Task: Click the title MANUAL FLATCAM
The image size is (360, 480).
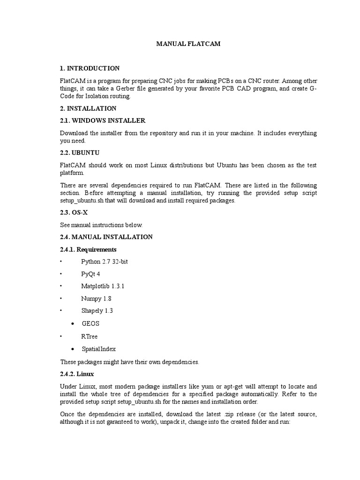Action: [187, 44]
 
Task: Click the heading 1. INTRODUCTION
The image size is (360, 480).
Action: [90, 68]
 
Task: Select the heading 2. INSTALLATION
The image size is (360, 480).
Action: [88, 108]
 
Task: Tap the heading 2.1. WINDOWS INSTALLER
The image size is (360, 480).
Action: [103, 121]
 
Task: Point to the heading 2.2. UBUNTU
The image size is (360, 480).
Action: [80, 153]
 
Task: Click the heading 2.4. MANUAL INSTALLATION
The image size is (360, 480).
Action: [106, 237]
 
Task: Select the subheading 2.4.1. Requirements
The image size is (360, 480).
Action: [88, 249]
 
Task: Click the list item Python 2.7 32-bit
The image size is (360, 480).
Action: [105, 262]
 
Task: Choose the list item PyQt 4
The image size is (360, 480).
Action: [91, 274]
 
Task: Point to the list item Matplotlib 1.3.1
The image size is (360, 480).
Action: [103, 286]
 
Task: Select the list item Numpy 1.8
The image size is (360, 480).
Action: [96, 298]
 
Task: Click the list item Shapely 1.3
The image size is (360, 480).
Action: [97, 310]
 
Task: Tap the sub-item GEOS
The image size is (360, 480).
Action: [90, 323]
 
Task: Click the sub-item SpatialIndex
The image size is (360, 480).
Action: [98, 349]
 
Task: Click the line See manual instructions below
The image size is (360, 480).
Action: [101, 225]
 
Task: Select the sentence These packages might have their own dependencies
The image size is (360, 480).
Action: [130, 362]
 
